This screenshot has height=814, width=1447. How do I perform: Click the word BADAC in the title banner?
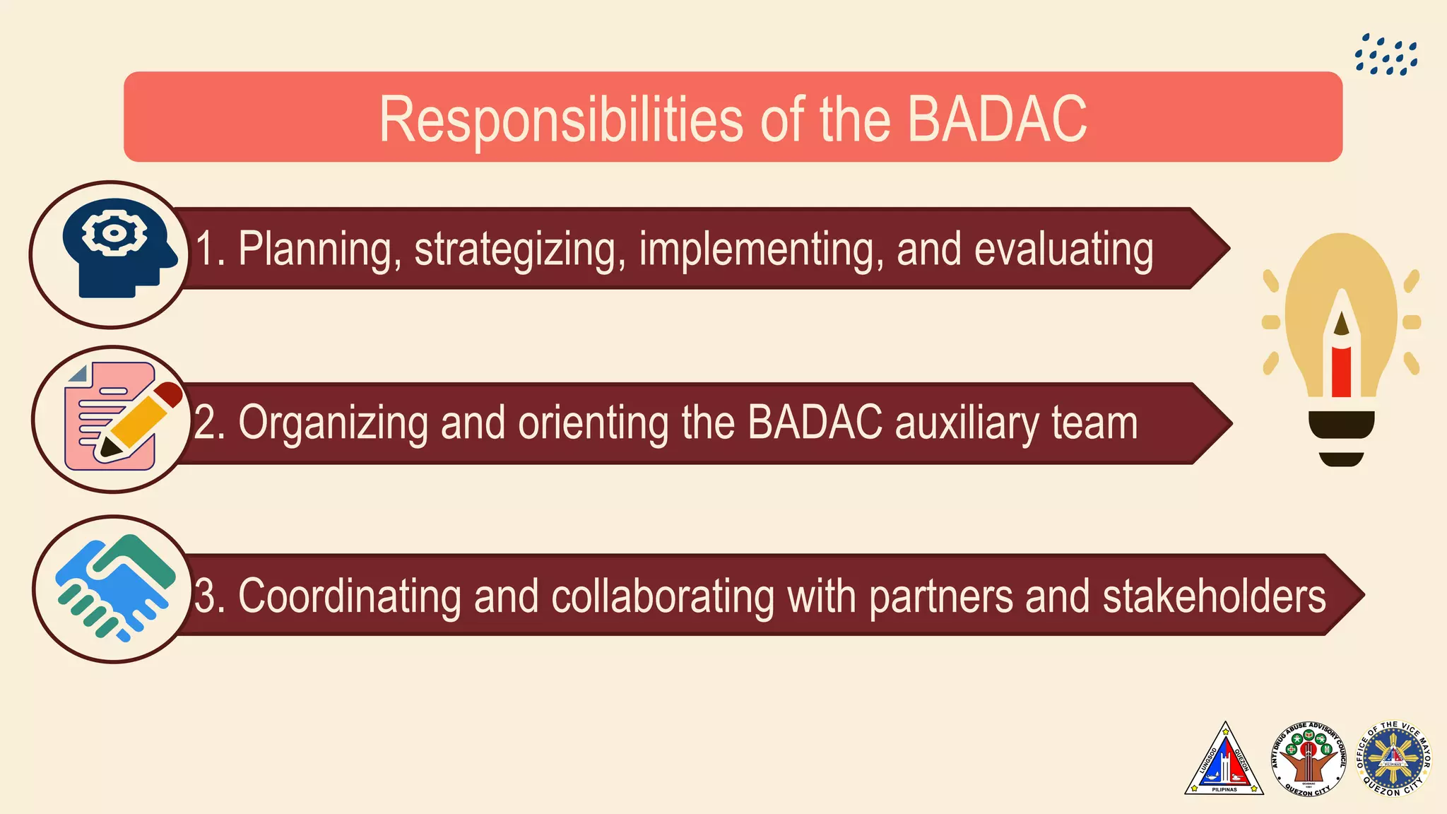coord(996,119)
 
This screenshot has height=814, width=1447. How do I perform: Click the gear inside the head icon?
coord(114,232)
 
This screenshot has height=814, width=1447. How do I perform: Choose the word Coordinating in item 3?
coord(349,596)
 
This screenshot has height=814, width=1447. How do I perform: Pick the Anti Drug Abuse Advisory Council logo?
coord(1309,760)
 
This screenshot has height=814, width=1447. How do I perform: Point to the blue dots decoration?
coord(1386,55)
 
